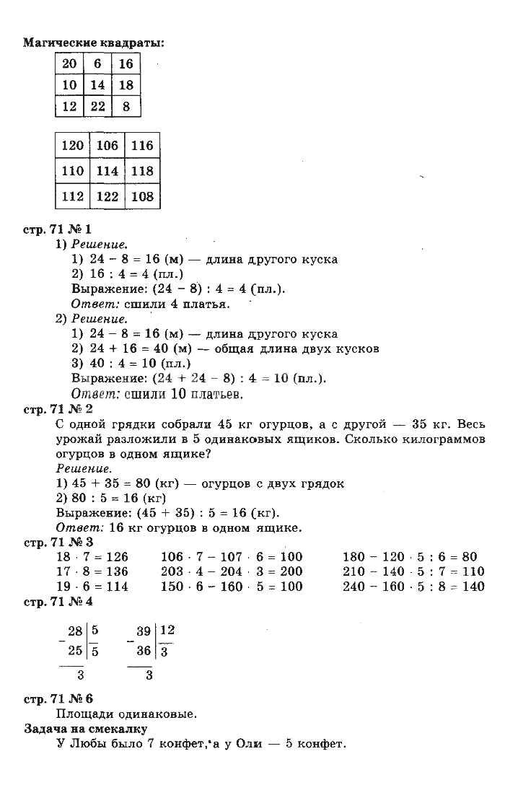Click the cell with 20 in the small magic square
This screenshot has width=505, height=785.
[x=70, y=63]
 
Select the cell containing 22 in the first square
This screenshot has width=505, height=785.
[x=97, y=106]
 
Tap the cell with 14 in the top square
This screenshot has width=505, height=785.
[x=97, y=85]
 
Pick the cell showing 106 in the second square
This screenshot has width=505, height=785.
[x=107, y=146]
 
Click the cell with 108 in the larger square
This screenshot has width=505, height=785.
[x=142, y=196]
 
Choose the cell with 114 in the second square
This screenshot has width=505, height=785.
[x=107, y=171]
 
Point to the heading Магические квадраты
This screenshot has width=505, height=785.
[x=94, y=43]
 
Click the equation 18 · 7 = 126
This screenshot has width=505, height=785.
[x=91, y=557]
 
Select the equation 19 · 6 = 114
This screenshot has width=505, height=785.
[x=91, y=587]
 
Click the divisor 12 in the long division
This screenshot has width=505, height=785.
[x=167, y=631]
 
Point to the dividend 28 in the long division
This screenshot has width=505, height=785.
[x=75, y=631]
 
